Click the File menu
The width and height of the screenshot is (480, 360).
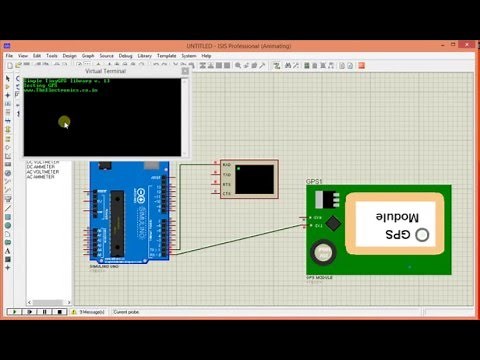(x=10, y=56)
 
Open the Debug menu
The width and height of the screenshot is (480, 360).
(x=125, y=56)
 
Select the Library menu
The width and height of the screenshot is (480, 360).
(x=146, y=56)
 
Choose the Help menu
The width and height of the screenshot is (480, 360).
(x=206, y=56)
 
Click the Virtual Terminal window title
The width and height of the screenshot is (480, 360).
(x=106, y=72)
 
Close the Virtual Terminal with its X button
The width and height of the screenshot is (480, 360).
(x=184, y=72)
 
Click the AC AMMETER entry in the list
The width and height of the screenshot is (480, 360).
(x=42, y=177)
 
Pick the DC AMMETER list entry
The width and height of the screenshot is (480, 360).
(x=42, y=167)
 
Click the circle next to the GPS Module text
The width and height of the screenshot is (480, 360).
(x=424, y=234)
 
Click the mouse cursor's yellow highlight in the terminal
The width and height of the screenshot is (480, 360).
(x=64, y=123)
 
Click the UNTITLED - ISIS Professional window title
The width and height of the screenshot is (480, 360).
(x=239, y=45)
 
